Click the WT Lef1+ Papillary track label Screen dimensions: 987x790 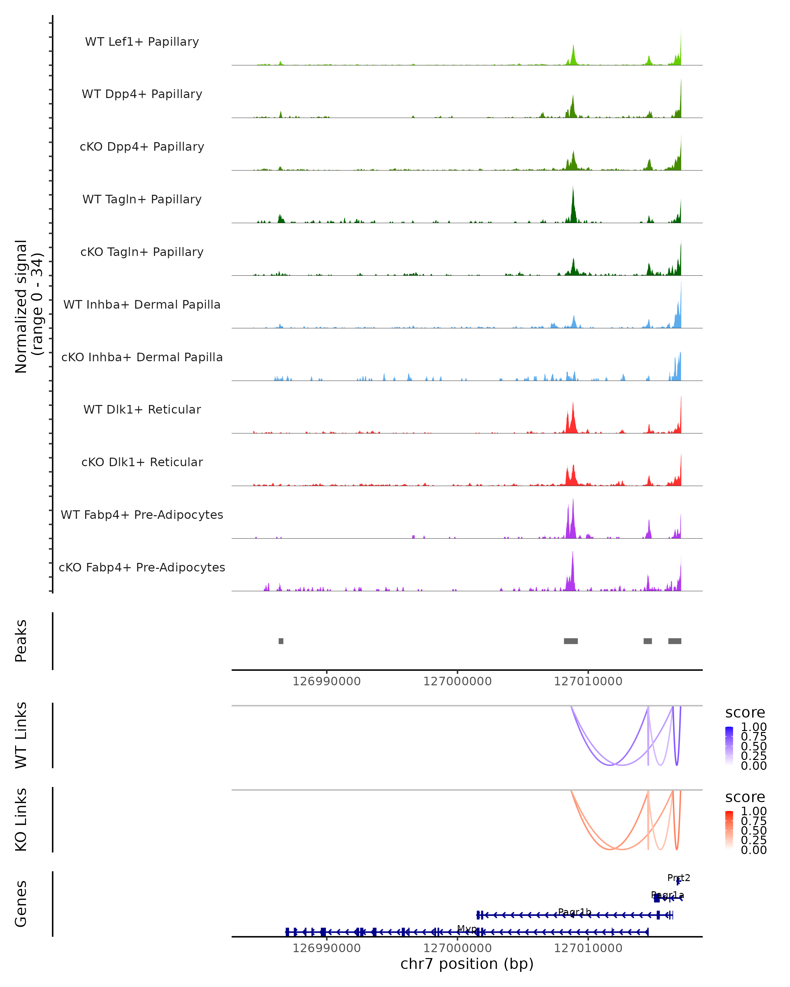point(142,42)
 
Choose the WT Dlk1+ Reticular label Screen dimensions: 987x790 point(142,409)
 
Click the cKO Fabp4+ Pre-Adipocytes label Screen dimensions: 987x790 point(142,567)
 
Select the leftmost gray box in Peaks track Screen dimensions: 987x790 point(281,641)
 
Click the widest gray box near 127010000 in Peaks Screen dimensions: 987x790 point(571,641)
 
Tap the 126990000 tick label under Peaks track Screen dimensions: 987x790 point(327,681)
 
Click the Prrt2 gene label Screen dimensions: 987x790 point(678,877)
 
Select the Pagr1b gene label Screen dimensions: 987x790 point(574,912)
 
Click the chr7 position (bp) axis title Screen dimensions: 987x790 point(467,964)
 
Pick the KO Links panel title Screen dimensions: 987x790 point(21,820)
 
